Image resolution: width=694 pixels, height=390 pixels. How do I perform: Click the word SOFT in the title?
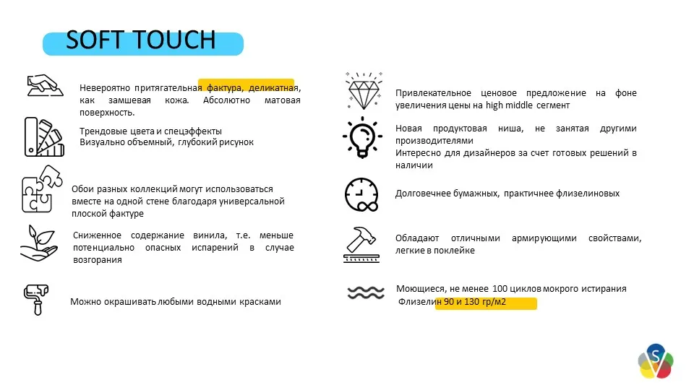(x=95, y=40)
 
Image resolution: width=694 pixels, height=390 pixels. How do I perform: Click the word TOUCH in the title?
(x=174, y=40)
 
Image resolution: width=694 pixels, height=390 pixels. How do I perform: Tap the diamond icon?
(x=363, y=90)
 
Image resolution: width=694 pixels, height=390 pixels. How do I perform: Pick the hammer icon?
(x=363, y=244)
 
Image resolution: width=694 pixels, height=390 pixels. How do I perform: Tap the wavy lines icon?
(x=365, y=292)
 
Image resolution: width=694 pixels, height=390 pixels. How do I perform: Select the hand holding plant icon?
(x=38, y=243)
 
